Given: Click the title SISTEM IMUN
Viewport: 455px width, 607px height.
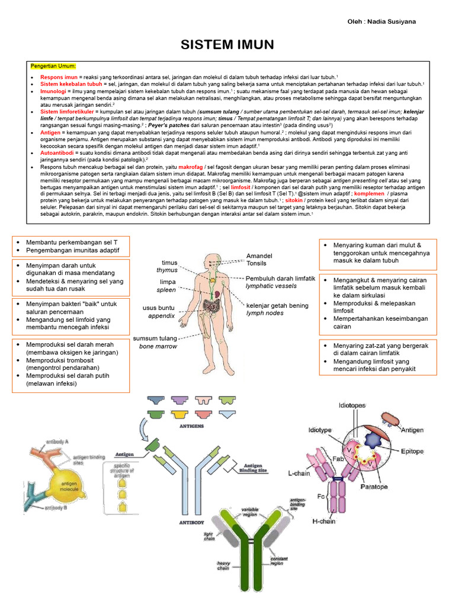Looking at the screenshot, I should [x=227, y=45].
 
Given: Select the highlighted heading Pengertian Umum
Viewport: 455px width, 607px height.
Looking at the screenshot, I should [x=59, y=66].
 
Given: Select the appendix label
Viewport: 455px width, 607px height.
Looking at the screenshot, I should [x=161, y=316].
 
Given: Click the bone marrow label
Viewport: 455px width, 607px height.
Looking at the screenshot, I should [x=158, y=346].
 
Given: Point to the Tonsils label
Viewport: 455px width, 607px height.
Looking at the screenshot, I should [x=257, y=263].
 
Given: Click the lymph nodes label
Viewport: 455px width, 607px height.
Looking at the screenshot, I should [x=265, y=313].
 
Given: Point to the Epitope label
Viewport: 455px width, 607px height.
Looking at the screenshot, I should [x=412, y=452].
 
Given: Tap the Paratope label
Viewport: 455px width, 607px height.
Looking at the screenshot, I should [x=374, y=487].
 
